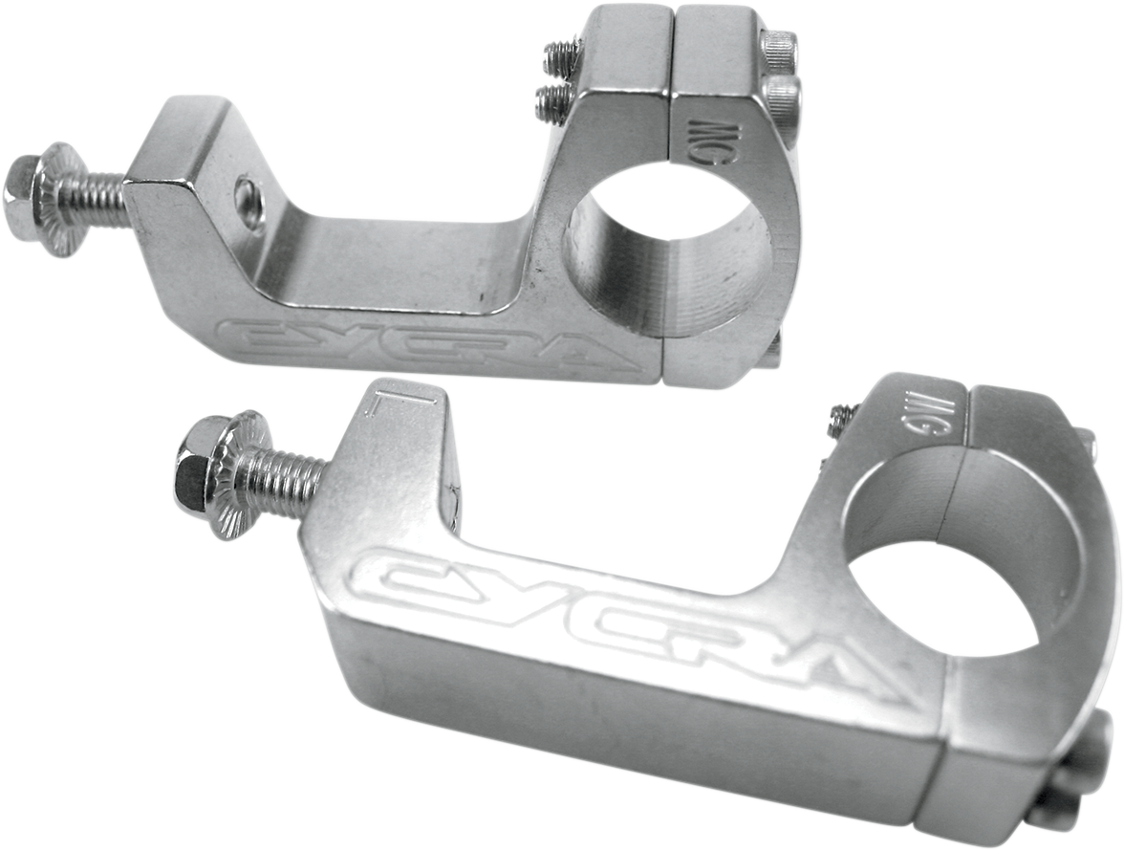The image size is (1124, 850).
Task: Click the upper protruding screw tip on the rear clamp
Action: click(x=562, y=56)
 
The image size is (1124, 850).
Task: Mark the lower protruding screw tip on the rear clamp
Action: click(x=552, y=100)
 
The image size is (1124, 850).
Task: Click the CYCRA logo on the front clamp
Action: click(x=621, y=621)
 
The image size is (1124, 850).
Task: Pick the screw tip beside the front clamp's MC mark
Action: click(x=842, y=417)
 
